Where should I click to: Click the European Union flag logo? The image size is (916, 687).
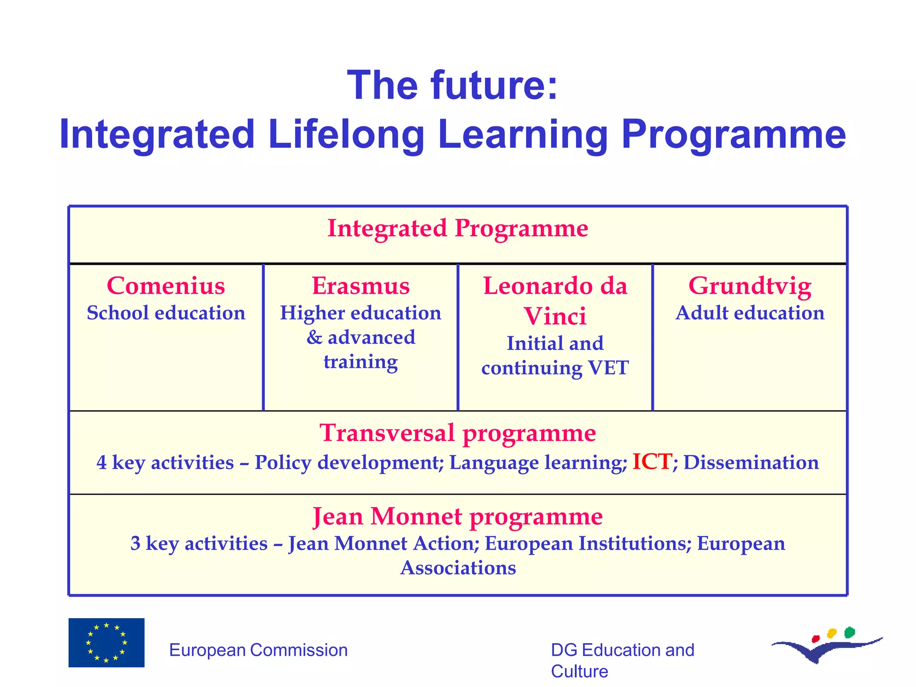(x=106, y=643)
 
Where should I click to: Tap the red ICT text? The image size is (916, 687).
(x=652, y=462)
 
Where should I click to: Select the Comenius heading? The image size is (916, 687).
(x=166, y=286)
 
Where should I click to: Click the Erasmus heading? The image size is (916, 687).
(x=360, y=286)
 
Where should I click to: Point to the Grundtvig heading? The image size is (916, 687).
(x=750, y=286)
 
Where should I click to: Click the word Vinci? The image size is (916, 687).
(x=555, y=316)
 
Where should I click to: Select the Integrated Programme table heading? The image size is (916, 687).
(x=458, y=228)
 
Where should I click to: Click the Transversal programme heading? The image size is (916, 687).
(x=458, y=433)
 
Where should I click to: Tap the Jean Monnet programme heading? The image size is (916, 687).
(x=458, y=517)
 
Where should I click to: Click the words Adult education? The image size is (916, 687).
(x=750, y=313)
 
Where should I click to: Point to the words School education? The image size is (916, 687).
(x=166, y=313)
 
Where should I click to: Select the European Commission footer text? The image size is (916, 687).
(x=258, y=650)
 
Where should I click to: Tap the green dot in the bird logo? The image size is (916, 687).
(x=849, y=632)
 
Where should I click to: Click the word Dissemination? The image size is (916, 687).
(x=751, y=462)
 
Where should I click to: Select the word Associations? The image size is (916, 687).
(x=458, y=568)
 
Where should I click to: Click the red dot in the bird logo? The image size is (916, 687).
(x=815, y=638)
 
